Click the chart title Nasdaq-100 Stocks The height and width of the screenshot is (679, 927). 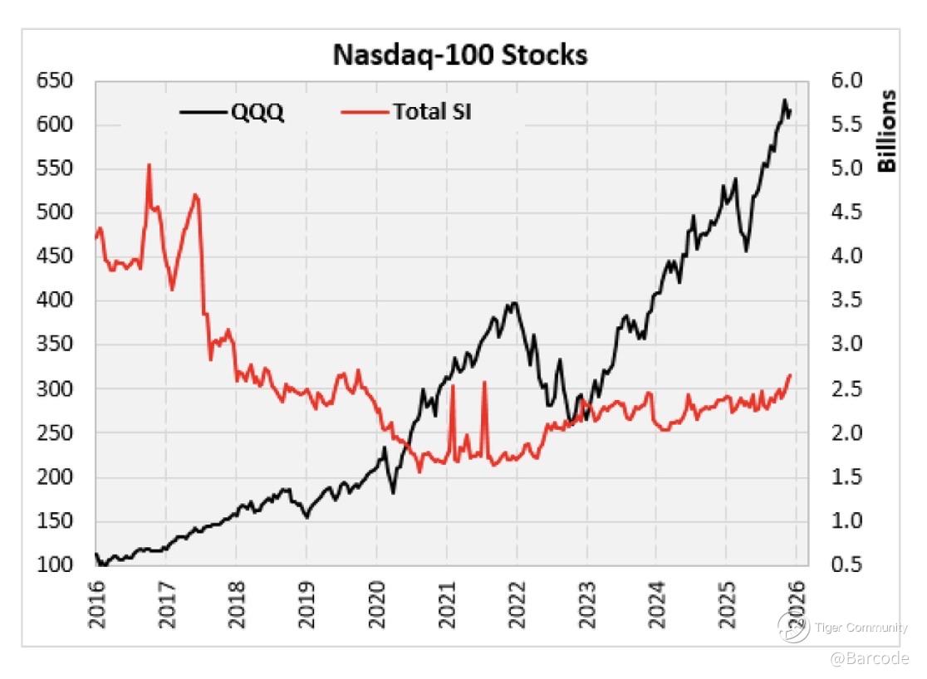[460, 55]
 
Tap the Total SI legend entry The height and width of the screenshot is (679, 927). [432, 111]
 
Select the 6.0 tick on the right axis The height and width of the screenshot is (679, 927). [846, 81]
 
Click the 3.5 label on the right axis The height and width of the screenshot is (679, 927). [846, 300]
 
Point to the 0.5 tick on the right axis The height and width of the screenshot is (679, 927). [846, 564]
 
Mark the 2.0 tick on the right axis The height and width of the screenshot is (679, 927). [846, 432]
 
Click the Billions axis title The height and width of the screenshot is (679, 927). [888, 130]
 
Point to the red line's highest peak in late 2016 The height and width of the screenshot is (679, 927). [150, 165]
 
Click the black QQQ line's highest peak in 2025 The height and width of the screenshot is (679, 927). [783, 100]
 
